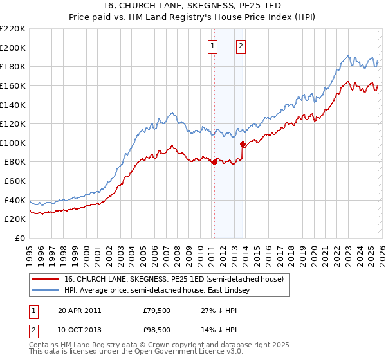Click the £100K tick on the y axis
click(x=13, y=143)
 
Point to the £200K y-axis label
click(x=13, y=48)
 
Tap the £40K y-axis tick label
click(x=14, y=200)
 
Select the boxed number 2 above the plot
click(x=241, y=46)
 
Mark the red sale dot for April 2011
click(x=214, y=162)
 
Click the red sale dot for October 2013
click(x=242, y=144)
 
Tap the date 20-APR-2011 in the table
click(x=79, y=310)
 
